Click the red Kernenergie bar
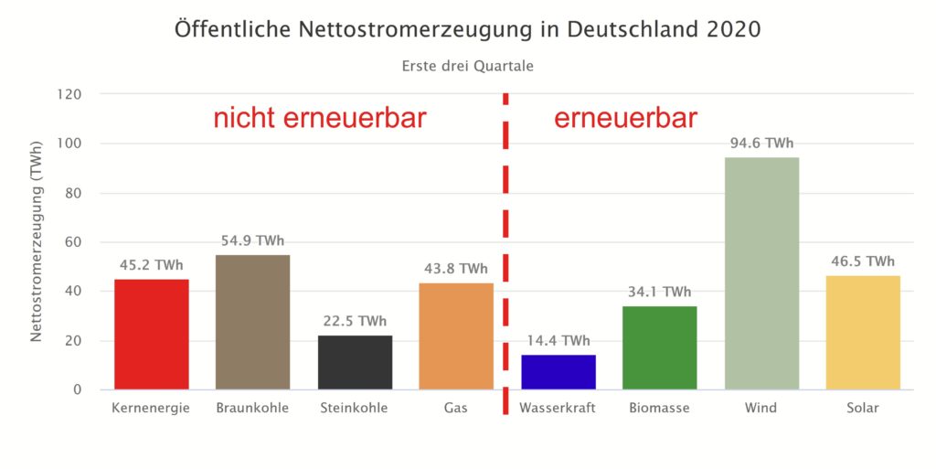[x=152, y=335]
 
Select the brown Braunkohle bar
[x=253, y=322]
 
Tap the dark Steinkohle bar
[x=355, y=362]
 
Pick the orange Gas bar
[x=456, y=336]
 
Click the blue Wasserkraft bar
[x=558, y=372]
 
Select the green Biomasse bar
[x=659, y=347]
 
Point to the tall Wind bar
[x=761, y=273]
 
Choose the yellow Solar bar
[x=863, y=332]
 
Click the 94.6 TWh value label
[x=761, y=143]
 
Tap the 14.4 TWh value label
[x=558, y=341]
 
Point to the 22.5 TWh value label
[x=355, y=321]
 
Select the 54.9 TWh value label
[x=253, y=241]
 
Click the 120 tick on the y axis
[x=69, y=94]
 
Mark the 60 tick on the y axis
[x=73, y=242]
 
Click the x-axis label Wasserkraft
[x=558, y=408]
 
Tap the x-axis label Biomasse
[x=659, y=408]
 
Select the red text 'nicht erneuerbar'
[x=320, y=119]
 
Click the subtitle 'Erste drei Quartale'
[x=467, y=66]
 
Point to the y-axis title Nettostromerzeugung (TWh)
[x=37, y=242]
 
